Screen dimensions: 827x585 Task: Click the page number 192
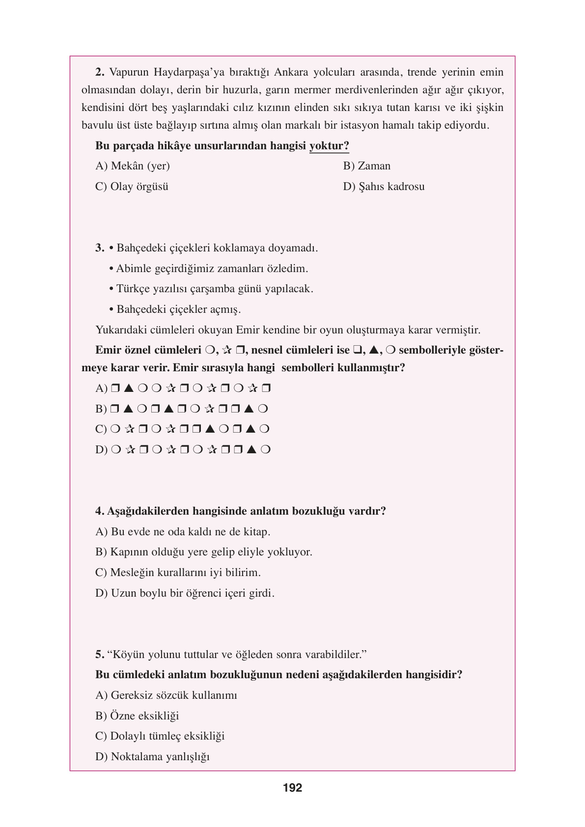(x=292, y=788)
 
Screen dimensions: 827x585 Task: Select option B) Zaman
(x=366, y=166)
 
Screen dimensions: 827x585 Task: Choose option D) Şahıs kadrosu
(x=383, y=187)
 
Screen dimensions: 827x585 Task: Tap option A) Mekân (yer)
(x=132, y=166)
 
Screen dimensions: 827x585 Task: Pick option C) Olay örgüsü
(x=131, y=187)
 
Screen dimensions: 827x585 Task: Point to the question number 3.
(x=100, y=248)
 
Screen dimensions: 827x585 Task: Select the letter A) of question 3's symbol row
(x=101, y=388)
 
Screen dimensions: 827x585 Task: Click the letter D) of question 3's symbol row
(x=101, y=450)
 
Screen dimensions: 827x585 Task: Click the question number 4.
(x=100, y=511)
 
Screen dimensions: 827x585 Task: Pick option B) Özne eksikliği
(x=137, y=716)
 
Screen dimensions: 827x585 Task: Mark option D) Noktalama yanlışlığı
(x=152, y=757)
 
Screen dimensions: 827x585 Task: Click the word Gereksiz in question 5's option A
(x=130, y=695)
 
